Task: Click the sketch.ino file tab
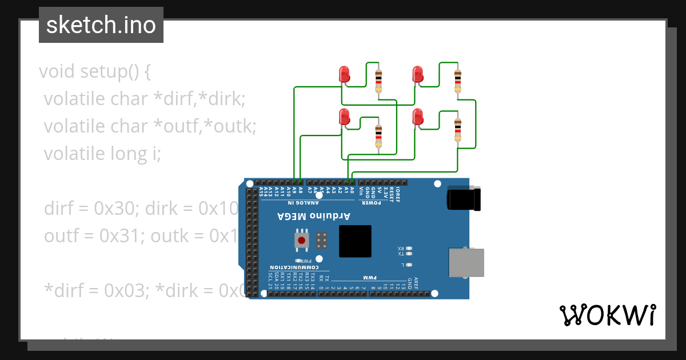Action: tap(101, 25)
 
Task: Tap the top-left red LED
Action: tap(344, 74)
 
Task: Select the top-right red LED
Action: tap(417, 74)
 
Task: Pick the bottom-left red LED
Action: tap(344, 117)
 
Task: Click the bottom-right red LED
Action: tap(417, 117)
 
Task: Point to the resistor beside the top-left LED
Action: tap(378, 81)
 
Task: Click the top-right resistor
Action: tap(457, 81)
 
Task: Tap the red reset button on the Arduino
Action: tap(302, 239)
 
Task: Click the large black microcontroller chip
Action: tap(355, 241)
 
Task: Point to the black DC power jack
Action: tap(464, 199)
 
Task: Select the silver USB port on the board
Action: tap(466, 263)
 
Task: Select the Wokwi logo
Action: tap(607, 315)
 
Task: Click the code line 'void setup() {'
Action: tap(95, 72)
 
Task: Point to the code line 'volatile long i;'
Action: tap(103, 154)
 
